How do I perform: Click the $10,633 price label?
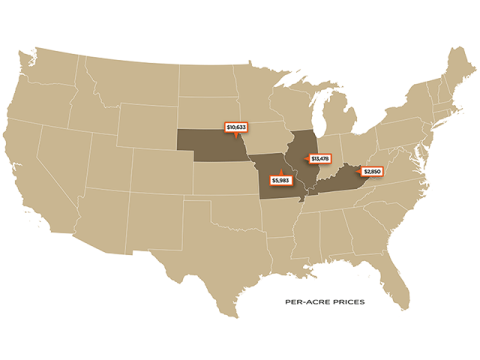point(237,128)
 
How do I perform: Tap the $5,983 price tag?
point(279,180)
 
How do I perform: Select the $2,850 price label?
point(372,172)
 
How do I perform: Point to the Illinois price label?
point(320,159)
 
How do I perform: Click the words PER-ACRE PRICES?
point(322,299)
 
